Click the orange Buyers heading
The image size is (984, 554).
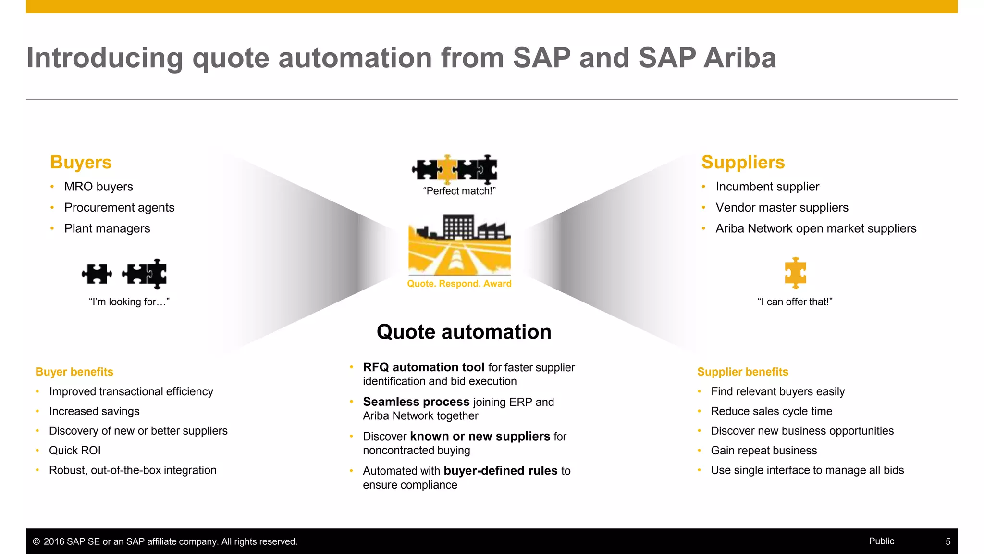[x=81, y=163]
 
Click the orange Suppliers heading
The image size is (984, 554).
[x=743, y=163]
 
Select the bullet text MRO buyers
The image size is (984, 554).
[x=98, y=187]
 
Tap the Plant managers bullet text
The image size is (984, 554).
[x=107, y=228]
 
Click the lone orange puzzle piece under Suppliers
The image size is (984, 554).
[x=795, y=273]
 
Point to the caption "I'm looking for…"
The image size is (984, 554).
[x=129, y=302]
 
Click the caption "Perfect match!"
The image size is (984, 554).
[x=459, y=191]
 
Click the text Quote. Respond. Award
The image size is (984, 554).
[x=459, y=284]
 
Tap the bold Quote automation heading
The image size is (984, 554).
[x=464, y=332]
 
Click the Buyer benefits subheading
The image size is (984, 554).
[x=74, y=372]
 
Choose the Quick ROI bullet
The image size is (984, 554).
[x=75, y=451]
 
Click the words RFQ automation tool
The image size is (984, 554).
[x=423, y=367]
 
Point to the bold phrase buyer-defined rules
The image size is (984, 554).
[x=500, y=471]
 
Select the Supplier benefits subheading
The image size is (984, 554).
[x=742, y=372]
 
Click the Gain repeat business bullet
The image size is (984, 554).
[x=763, y=451]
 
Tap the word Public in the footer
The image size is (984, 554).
[x=881, y=541]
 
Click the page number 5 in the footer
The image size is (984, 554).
[x=947, y=541]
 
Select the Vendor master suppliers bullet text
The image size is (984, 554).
[x=782, y=208]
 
